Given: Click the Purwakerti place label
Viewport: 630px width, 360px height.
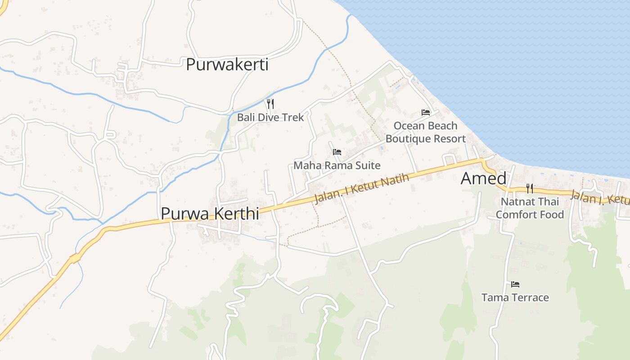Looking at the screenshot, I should click(227, 65).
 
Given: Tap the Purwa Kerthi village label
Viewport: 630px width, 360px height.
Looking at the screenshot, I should click(210, 214).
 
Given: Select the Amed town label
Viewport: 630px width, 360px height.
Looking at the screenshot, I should click(483, 179).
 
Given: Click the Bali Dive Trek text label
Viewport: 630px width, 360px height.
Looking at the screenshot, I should click(270, 117).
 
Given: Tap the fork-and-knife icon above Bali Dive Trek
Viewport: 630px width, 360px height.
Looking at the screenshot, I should click(270, 104).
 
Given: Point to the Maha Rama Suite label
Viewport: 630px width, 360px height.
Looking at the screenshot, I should click(337, 166).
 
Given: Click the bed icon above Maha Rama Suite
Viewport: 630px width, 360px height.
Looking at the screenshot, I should click(337, 152).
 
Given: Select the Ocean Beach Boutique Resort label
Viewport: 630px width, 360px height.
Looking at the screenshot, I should click(425, 132).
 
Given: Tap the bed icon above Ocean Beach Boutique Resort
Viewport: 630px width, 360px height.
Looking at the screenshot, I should click(426, 112).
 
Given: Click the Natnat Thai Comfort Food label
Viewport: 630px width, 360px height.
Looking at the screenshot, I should click(530, 208).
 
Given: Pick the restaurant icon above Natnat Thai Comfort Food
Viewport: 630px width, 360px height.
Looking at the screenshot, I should click(530, 189).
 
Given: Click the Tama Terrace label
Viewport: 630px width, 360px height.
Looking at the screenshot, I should click(515, 297).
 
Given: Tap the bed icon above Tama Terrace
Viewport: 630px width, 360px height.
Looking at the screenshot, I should click(515, 284).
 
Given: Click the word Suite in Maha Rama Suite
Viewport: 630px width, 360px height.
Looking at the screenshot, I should click(368, 166).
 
